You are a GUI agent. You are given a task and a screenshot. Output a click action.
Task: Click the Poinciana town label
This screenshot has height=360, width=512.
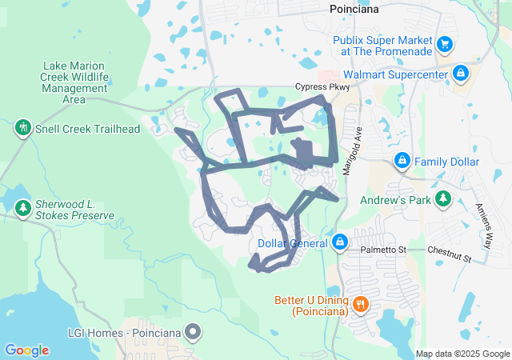click(x=354, y=9)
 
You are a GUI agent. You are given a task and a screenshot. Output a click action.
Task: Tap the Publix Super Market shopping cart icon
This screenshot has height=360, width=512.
click(x=446, y=43)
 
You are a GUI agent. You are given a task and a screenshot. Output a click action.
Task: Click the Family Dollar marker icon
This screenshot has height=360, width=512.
click(x=402, y=162)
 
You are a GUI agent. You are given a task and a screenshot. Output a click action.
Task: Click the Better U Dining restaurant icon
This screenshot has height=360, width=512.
click(x=361, y=303)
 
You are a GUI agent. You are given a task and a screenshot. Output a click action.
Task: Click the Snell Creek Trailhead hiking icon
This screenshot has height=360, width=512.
click(x=22, y=127)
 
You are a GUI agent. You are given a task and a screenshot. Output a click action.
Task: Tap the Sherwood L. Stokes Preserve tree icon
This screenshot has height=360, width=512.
click(x=22, y=209)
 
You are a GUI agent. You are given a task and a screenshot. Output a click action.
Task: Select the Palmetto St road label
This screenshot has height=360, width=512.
click(x=383, y=250)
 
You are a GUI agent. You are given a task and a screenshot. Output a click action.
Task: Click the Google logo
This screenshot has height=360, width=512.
click(x=26, y=350)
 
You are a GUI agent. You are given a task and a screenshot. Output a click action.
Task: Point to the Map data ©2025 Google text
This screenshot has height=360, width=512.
click(x=462, y=354)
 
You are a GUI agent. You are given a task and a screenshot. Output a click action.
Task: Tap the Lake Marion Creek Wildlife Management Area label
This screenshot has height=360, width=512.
click(x=74, y=83)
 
